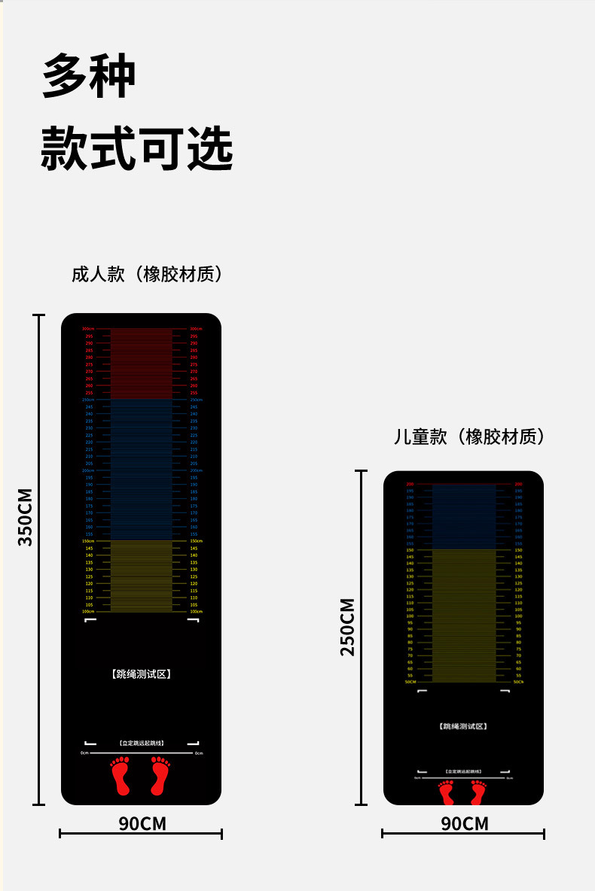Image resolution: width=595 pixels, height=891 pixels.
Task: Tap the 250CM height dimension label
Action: (347, 627)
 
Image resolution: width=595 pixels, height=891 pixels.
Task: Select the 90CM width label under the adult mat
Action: (142, 823)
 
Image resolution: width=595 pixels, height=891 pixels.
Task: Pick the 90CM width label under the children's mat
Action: (465, 823)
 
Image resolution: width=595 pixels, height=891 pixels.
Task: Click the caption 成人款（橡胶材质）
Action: (148, 274)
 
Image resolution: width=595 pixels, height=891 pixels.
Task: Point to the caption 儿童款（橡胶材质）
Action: (469, 436)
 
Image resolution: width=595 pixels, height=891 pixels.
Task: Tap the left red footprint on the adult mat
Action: (121, 776)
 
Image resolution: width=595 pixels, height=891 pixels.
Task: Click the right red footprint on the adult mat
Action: (160, 776)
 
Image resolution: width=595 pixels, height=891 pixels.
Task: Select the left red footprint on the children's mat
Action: (447, 792)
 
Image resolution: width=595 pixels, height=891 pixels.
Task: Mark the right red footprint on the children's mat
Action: (478, 792)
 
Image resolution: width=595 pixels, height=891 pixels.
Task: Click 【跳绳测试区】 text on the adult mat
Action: (142, 674)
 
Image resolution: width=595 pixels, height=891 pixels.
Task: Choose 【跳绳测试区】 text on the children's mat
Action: (463, 726)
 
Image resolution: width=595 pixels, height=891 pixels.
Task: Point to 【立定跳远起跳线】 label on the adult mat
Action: (142, 743)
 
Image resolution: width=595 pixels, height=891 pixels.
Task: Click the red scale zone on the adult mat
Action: (142, 363)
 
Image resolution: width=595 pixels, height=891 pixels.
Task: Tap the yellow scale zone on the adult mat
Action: (142, 576)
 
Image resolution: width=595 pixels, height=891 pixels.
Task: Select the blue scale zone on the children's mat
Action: (464, 516)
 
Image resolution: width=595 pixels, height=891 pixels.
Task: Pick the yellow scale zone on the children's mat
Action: (464, 616)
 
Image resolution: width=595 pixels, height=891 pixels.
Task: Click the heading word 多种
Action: (89, 76)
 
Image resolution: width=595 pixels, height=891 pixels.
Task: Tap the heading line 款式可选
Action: (136, 147)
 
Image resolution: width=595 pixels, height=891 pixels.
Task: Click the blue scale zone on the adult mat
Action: (142, 470)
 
